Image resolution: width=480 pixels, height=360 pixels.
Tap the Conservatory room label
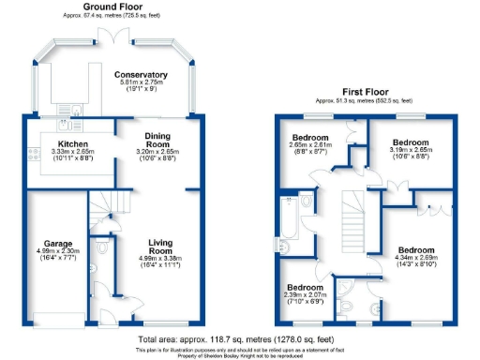(x=141, y=74)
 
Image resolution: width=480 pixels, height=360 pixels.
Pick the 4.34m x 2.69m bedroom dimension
(x=415, y=261)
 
